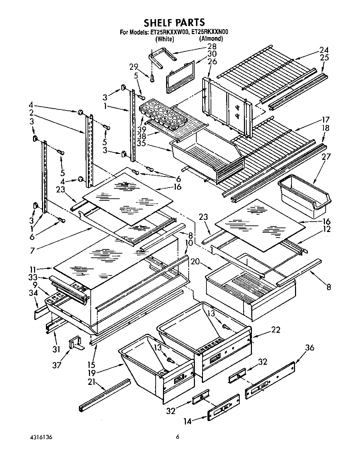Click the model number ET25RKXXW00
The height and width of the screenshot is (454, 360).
pyautogui.click(x=169, y=32)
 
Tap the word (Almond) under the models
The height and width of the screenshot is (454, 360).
pyautogui.click(x=211, y=39)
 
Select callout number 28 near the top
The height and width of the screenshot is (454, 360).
pyautogui.click(x=211, y=46)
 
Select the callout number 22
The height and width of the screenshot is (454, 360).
pyautogui.click(x=275, y=329)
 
